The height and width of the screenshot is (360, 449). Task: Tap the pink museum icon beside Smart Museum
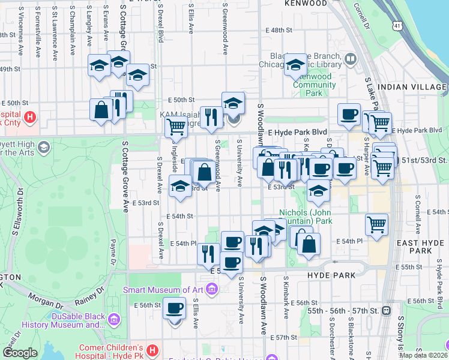tap(211, 290)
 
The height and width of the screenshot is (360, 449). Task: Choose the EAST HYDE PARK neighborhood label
tap(420, 246)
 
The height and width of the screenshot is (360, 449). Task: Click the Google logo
tap(19, 353)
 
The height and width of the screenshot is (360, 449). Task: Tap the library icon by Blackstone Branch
tap(350, 59)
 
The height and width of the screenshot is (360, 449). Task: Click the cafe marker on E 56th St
tap(175, 308)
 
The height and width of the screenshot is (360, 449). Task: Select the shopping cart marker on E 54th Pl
tap(377, 225)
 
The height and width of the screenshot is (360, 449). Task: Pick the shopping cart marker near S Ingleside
tap(175, 127)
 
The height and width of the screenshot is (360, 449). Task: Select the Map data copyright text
tap(423, 355)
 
